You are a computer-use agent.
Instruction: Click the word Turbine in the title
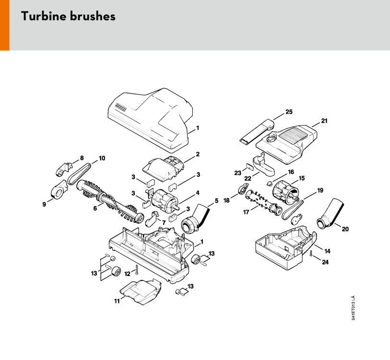44,16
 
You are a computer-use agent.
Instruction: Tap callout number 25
289,112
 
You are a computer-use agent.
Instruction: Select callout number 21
324,121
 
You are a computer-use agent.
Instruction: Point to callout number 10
102,158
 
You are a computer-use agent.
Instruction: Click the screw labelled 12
137,270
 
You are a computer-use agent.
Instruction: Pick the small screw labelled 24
311,254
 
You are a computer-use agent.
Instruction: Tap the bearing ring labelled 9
58,190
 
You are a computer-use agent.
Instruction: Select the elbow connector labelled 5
195,219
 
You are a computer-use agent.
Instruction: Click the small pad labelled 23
249,166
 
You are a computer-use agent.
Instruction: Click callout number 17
246,212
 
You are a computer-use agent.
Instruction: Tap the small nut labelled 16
269,184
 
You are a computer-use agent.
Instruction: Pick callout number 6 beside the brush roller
95,209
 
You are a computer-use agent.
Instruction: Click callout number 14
327,251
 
